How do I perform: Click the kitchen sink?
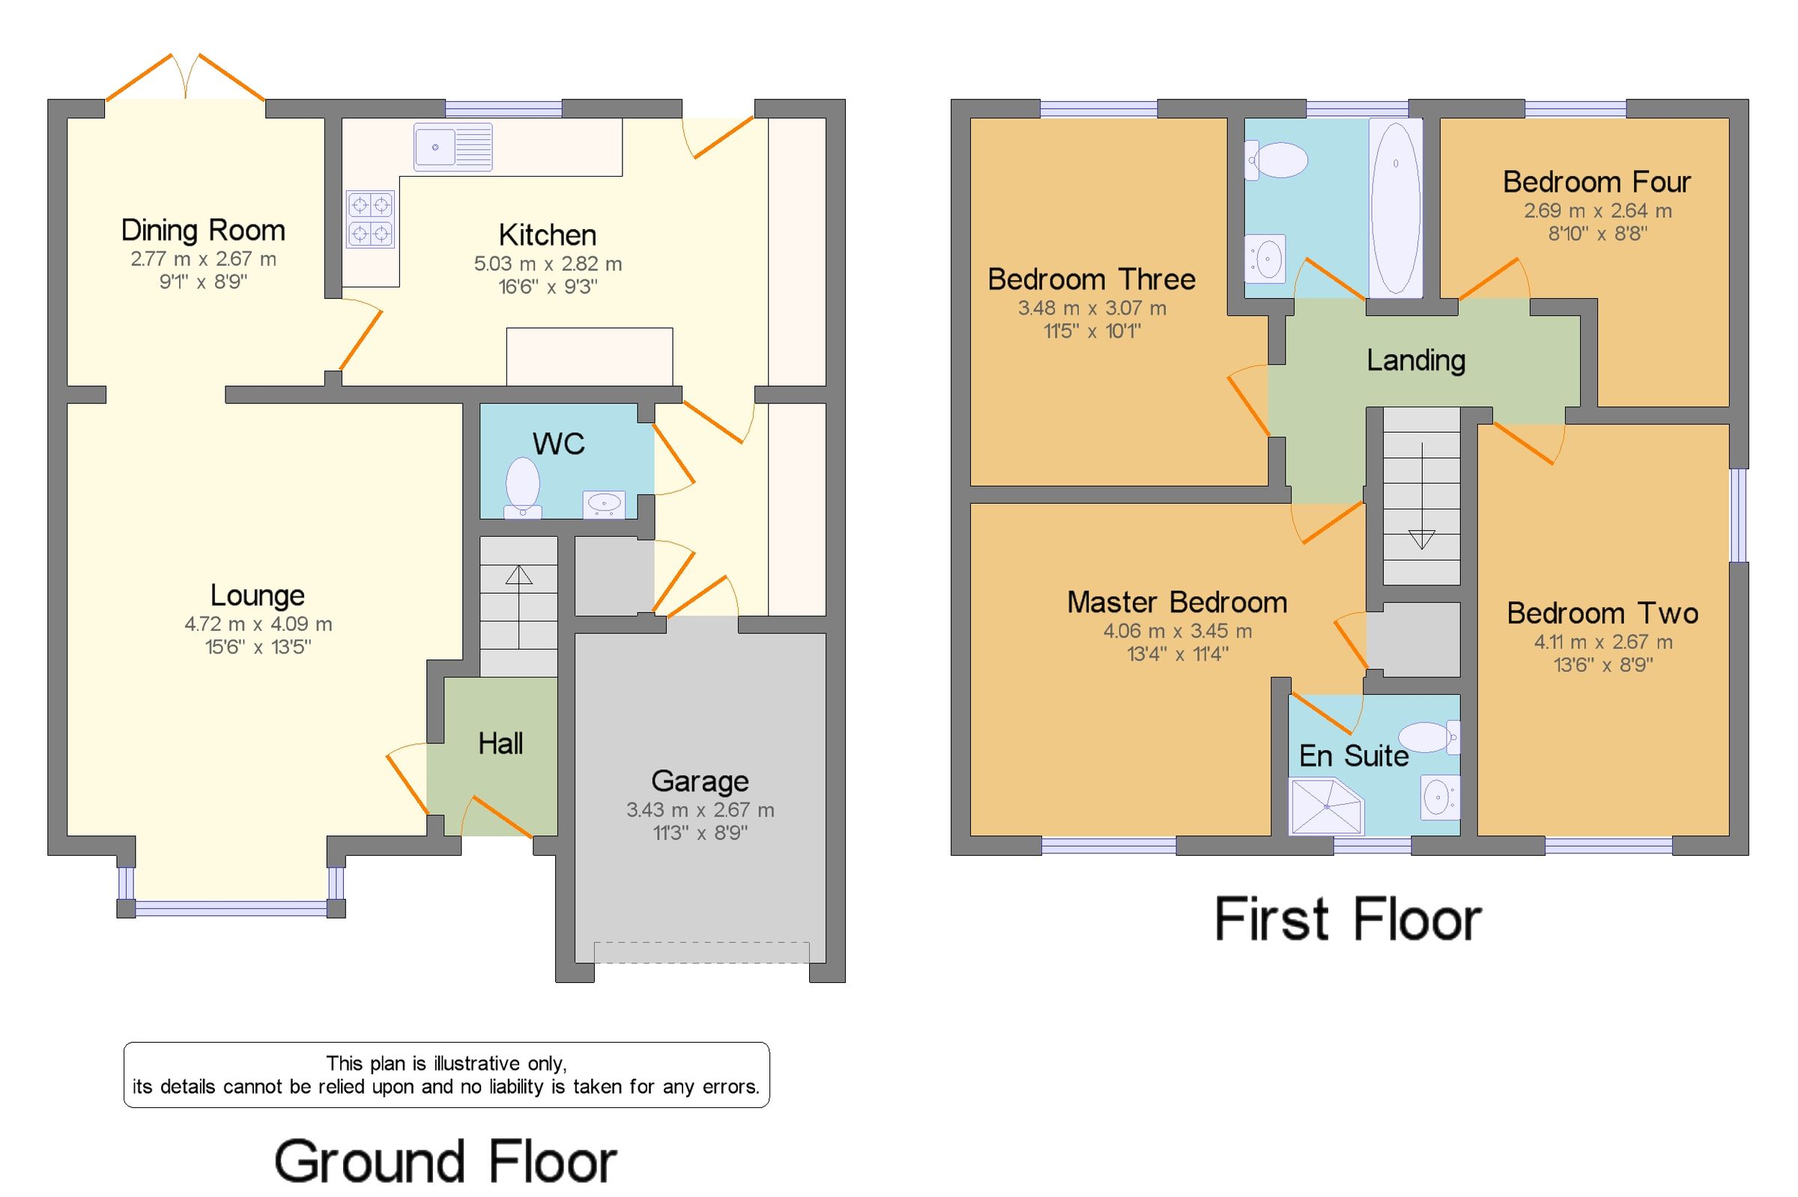[453, 147]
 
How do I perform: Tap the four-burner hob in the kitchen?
[370, 219]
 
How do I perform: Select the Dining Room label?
[203, 230]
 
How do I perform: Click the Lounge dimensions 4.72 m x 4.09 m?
[258, 624]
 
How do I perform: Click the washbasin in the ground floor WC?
[604, 505]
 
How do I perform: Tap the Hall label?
[500, 743]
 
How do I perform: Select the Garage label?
[700, 781]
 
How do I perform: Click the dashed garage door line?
[701, 952]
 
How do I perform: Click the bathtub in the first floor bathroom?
[1396, 207]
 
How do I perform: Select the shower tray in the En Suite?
[1326, 806]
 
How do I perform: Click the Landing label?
[1416, 360]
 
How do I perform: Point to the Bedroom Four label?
[1596, 182]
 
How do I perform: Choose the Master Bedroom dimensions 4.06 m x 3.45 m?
[1178, 631]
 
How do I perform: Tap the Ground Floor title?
[445, 1161]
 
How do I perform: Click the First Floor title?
[1348, 919]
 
